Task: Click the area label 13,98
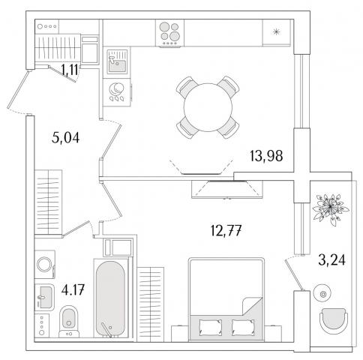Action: coord(266,156)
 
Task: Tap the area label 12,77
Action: coord(226,230)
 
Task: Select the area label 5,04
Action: coord(65,138)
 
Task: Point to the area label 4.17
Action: coord(73,290)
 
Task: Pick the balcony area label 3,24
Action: coord(331,259)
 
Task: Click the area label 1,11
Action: coord(70,70)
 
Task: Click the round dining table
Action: coord(208,107)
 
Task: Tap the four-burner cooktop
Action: coord(169,33)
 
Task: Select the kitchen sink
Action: coord(117,61)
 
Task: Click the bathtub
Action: coord(110,298)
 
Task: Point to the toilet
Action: coord(69,322)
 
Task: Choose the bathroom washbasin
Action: coord(44,297)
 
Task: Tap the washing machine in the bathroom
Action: coord(45,264)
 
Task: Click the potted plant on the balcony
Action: coord(331,208)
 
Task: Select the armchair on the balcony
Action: coord(334,321)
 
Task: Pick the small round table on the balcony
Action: coord(322,294)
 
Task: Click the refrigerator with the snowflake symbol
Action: coord(277,32)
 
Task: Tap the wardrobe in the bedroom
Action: coord(151,304)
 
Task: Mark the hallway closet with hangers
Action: coord(48,202)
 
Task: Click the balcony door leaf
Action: coord(295,275)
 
